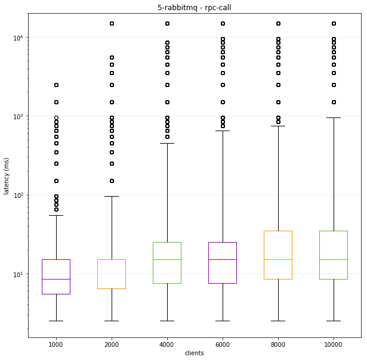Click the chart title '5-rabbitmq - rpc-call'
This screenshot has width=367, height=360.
195,8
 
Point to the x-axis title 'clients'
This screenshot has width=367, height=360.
195,353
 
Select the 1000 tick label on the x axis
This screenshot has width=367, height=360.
56,344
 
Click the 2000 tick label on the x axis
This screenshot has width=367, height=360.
112,344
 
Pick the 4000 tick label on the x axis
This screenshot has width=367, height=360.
167,344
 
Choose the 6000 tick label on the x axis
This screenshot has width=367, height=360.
223,344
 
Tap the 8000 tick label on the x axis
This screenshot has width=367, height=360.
278,344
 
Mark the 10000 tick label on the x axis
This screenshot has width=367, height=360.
334,344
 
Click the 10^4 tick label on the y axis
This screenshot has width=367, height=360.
18,38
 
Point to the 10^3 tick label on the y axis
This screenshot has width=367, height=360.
18,116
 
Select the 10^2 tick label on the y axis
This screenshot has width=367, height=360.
18,195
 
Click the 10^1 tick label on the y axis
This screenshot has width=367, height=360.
18,274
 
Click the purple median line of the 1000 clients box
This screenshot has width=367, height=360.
56,279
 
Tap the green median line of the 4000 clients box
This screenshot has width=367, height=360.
167,259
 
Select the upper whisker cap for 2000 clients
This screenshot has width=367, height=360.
112,196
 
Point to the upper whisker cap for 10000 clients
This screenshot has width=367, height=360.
334,117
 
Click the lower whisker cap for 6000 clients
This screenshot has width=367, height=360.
223,321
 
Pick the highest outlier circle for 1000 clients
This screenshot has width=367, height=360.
56,85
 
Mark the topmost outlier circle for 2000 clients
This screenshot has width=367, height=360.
112,23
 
